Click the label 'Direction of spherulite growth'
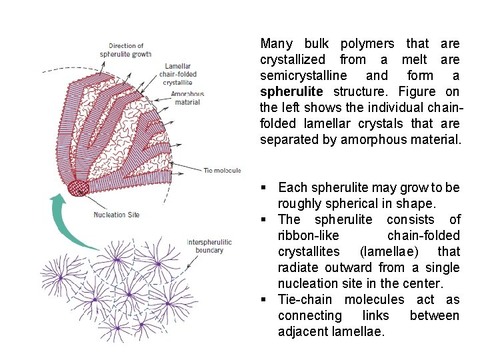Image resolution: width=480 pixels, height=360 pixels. [x=126, y=50]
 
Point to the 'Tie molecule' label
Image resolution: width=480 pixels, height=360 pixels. [x=222, y=171]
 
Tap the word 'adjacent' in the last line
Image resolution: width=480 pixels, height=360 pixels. [x=305, y=331]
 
